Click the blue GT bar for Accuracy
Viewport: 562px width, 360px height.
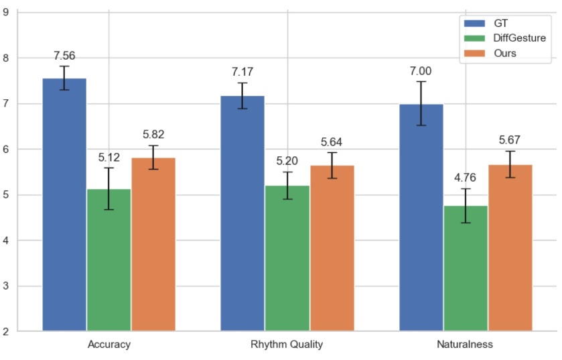coord(64,204)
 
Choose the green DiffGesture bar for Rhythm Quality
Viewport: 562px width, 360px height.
coord(287,258)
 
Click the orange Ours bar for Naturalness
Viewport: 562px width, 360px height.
coord(510,247)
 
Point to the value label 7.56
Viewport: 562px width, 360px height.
coord(64,56)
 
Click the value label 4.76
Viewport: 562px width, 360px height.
coord(466,178)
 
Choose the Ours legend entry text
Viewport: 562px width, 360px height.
coord(504,53)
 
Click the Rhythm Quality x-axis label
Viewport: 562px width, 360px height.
coord(287,345)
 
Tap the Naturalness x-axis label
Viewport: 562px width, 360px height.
coord(466,345)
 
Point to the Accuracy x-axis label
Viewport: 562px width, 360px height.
coord(109,345)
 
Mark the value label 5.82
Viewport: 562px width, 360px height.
coord(153,134)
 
